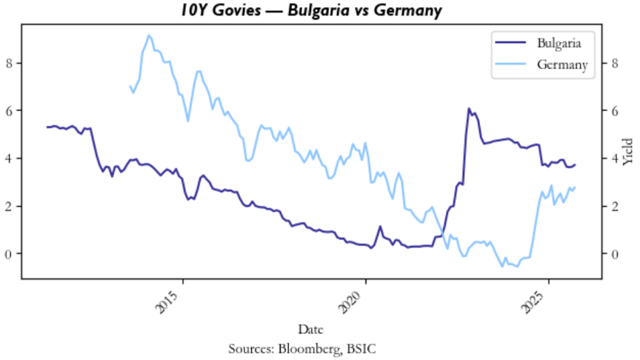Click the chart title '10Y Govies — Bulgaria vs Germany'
coord(320,10)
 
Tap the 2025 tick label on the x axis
coord(541,302)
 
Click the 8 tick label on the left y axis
coord(10,63)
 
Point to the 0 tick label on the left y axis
coord(10,254)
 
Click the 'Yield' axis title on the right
coord(629,152)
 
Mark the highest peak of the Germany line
coord(149,36)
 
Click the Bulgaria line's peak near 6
coord(469,108)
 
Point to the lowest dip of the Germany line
coord(505,266)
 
